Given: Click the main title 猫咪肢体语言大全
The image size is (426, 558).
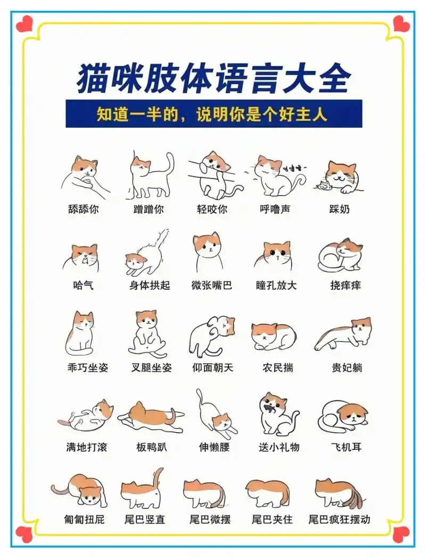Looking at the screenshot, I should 214,79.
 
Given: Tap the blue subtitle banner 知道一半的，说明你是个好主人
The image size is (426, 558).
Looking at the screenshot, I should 214,114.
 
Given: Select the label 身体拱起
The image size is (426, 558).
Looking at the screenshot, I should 150,285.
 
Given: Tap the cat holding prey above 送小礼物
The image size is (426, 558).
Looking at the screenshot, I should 277,414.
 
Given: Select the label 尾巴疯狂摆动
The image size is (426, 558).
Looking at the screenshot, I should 339,519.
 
